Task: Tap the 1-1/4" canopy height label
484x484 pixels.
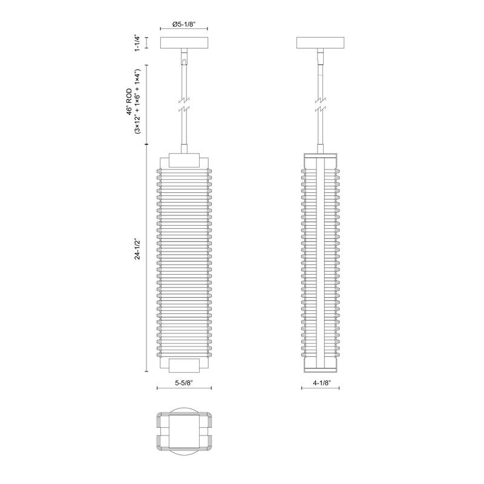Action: (138, 44)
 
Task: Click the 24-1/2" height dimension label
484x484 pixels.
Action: (138, 248)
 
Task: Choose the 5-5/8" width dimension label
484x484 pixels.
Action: (184, 383)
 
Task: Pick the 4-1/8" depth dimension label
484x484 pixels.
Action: (320, 383)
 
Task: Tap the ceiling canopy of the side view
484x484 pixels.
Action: (320, 44)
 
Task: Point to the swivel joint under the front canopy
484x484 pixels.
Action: (184, 58)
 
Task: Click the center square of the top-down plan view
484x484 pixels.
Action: (184, 434)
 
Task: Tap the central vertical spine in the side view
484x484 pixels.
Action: (320, 260)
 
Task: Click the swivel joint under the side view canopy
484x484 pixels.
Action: (320, 58)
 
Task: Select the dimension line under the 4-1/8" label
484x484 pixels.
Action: (320, 389)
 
